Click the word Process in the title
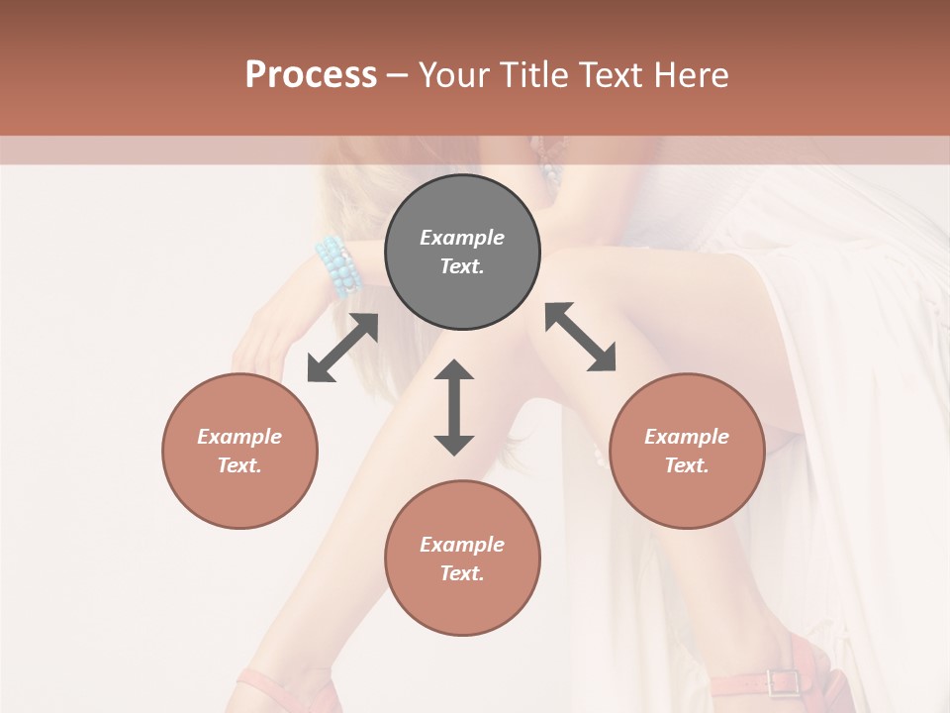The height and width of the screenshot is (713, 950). (311, 75)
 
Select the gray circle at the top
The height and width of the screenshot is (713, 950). (462, 253)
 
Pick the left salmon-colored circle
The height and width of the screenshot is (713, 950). (239, 451)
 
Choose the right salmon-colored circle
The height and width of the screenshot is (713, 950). (687, 451)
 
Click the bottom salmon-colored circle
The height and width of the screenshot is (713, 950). (462, 559)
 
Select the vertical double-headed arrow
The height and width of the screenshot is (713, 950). (454, 407)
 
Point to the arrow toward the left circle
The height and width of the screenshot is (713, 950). (342, 348)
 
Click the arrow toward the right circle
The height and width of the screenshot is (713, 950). (581, 337)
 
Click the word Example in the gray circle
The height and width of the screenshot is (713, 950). (462, 238)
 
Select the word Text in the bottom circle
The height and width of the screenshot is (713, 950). (462, 573)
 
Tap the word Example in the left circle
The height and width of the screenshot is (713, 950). (239, 437)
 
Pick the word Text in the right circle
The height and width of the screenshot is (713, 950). (687, 465)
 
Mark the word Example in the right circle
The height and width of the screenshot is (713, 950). (687, 437)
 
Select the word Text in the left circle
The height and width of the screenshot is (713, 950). (239, 465)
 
